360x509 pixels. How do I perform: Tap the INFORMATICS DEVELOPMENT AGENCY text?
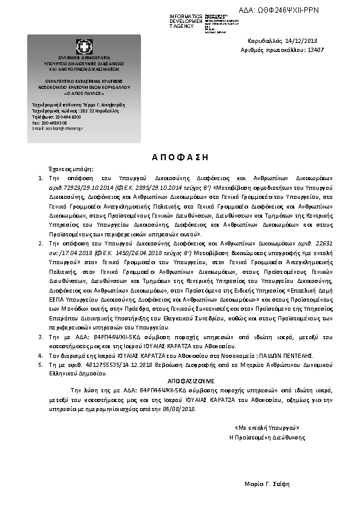click(186, 21)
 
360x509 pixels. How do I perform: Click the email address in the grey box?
click(58, 128)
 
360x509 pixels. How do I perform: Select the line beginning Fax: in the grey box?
click(50, 123)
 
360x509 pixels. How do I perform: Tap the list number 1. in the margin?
click(41, 178)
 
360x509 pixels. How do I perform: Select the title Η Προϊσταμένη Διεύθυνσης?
click(267, 436)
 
